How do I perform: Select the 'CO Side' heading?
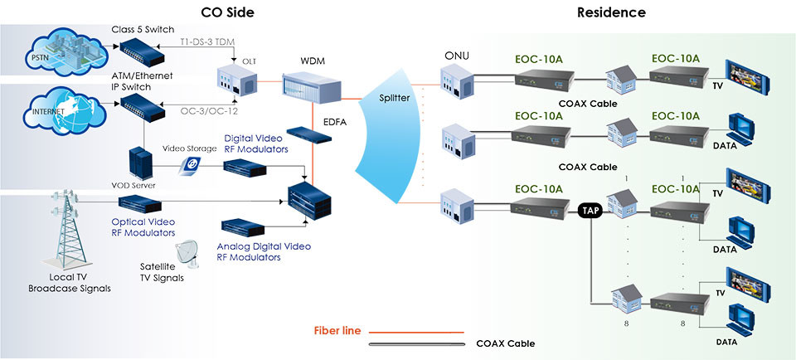point(228,12)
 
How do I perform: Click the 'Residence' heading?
point(611,12)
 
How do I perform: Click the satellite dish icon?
point(188,251)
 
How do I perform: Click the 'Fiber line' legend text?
point(337,330)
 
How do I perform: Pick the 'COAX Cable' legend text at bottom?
point(506,343)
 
